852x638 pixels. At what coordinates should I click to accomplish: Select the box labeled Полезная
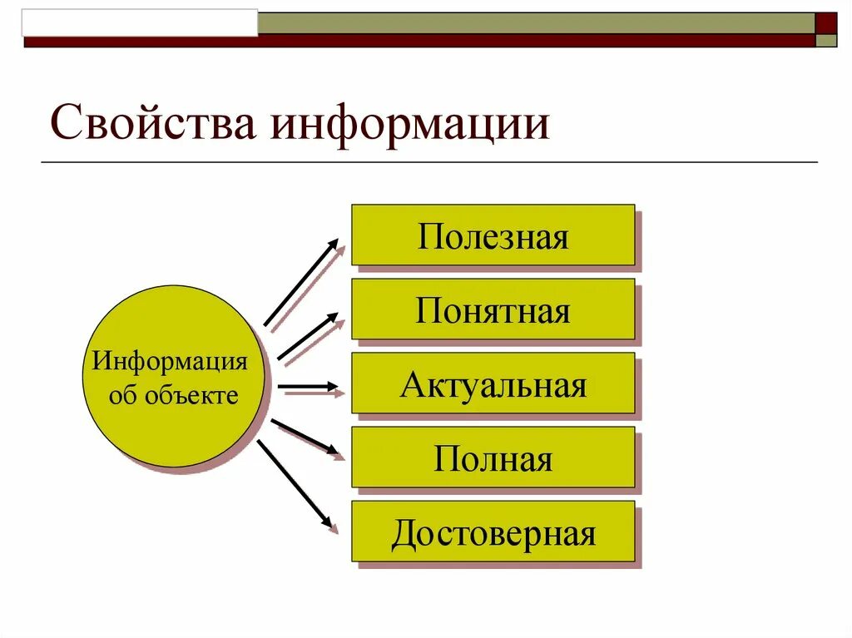493,235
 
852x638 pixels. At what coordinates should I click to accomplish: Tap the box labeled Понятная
493,309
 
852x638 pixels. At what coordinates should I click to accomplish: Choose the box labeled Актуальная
493,383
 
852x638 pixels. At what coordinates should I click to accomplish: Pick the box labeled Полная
493,457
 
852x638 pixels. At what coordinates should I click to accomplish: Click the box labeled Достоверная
493,532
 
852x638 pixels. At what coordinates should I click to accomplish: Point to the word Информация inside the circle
171,363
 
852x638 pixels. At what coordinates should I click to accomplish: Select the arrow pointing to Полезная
300,282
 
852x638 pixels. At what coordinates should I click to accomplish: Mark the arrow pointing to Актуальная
307,386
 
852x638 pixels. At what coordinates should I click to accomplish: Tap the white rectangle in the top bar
141,22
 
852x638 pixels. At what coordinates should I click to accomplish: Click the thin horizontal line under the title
429,161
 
